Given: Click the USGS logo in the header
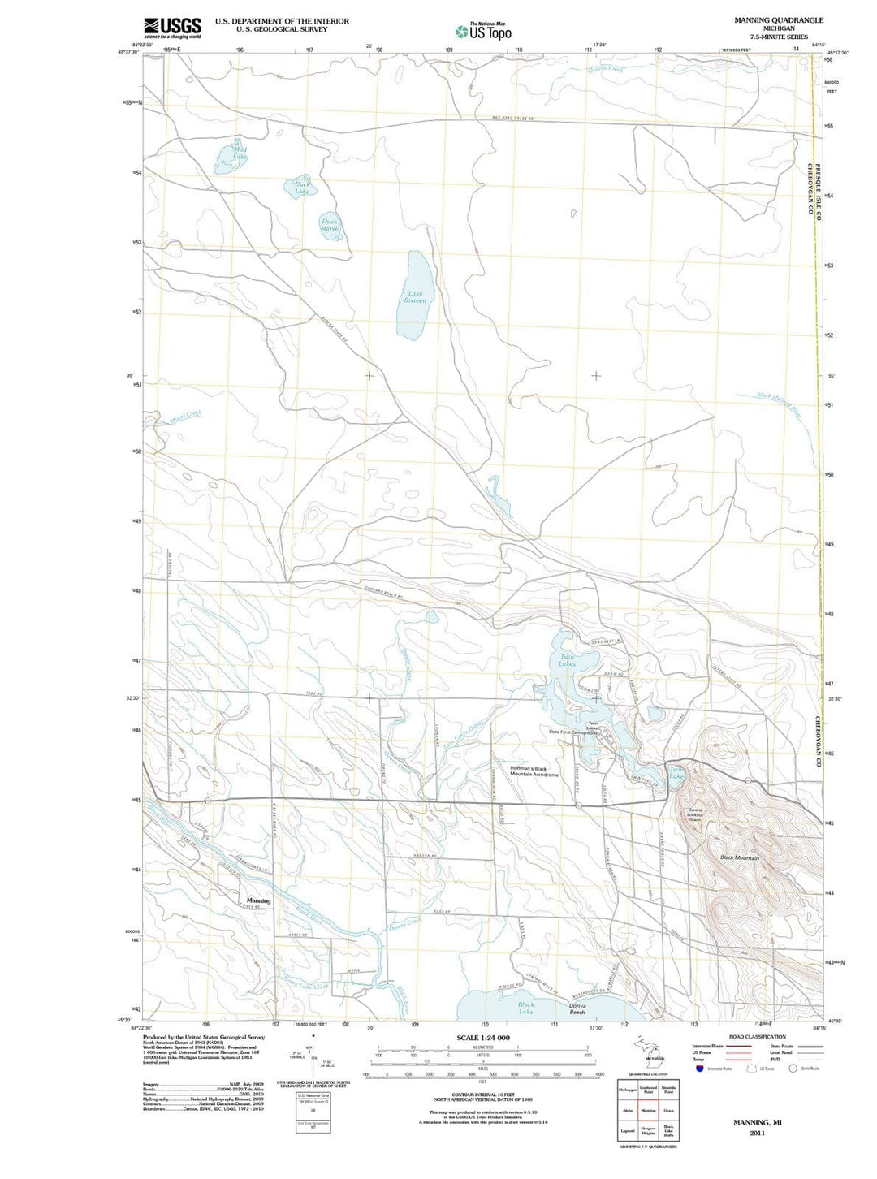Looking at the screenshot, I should point(172,28).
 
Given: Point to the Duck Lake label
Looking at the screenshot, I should point(302,188).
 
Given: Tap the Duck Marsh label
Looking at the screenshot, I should point(329,224).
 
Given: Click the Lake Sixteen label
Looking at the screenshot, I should point(415,297).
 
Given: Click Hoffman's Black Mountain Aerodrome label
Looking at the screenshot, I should point(534,771).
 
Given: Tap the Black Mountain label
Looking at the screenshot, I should point(739,857).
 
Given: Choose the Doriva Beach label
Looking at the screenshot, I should point(577,1008).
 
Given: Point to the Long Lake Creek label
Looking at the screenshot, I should point(305,986).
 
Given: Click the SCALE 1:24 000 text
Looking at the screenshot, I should point(483,1038).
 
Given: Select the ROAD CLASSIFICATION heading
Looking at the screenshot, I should point(757,1037).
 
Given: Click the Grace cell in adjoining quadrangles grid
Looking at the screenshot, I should point(669,1110).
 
